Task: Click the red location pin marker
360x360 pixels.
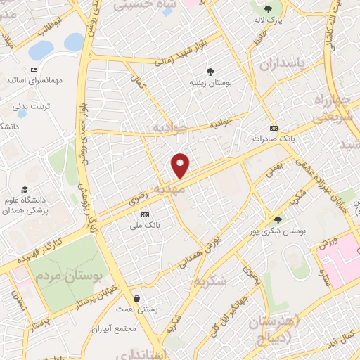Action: tap(181, 165)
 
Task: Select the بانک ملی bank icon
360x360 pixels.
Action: tap(146, 214)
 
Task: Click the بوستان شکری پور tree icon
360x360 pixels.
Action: tap(278, 219)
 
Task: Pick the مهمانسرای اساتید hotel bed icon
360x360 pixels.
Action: tap(33, 70)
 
